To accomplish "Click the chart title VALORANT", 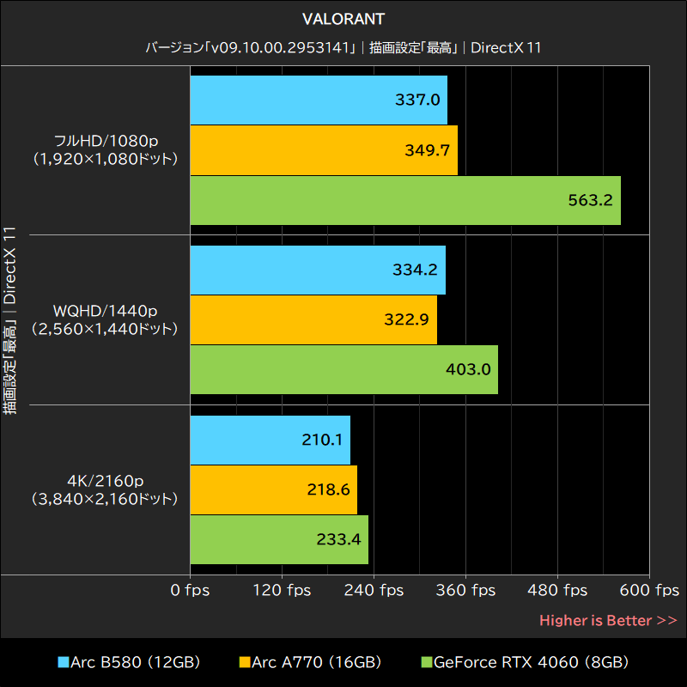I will (343, 18).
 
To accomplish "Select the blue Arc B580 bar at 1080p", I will (318, 100).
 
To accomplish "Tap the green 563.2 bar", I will (404, 201).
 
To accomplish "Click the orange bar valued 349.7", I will (323, 150).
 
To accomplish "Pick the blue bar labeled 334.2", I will (317, 270).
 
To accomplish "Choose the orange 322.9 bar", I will (313, 320).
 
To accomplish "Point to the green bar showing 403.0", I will (343, 370).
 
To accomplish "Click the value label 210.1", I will (322, 440).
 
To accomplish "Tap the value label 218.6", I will (328, 489).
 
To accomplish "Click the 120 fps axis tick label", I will (282, 591).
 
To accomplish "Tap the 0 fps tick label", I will (190, 591).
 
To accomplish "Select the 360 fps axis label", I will (465, 591).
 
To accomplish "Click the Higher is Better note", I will (608, 620).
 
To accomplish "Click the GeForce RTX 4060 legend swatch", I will (426, 662).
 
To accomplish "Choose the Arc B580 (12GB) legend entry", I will (129, 662).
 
